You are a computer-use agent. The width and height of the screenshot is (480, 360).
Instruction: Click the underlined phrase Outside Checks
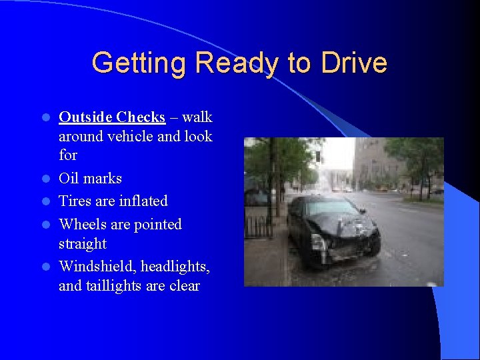coord(112,117)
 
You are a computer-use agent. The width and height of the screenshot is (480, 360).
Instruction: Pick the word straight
coord(83,243)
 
